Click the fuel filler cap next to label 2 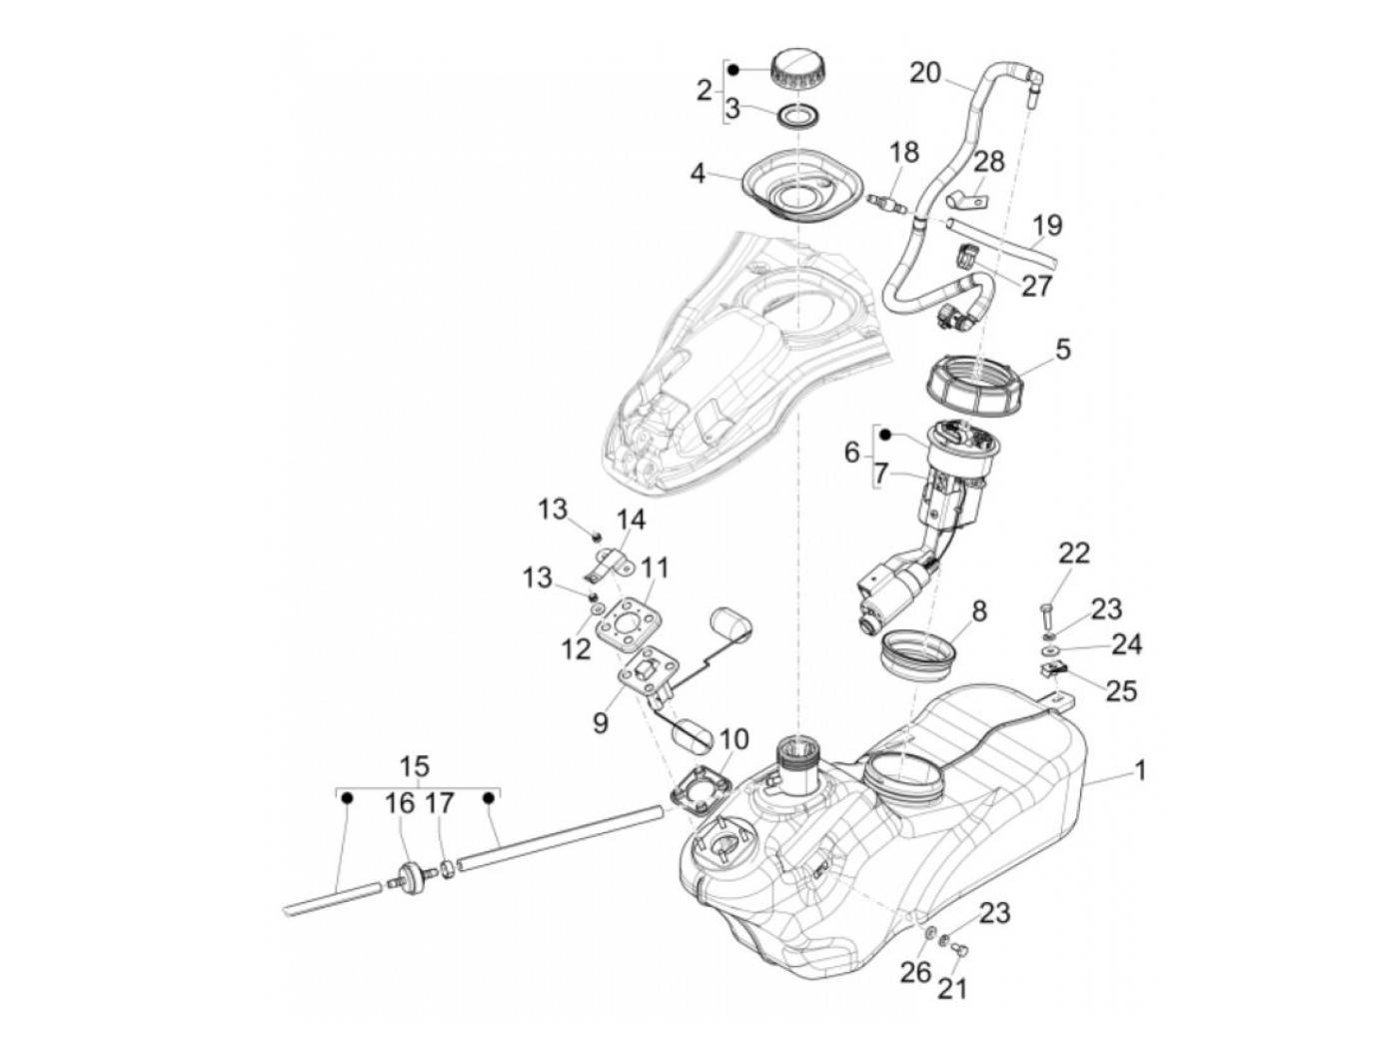tap(797, 68)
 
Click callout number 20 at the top tap(925, 72)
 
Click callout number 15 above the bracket tap(415, 766)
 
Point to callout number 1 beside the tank tap(1139, 770)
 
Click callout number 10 tap(732, 740)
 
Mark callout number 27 tap(1036, 286)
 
